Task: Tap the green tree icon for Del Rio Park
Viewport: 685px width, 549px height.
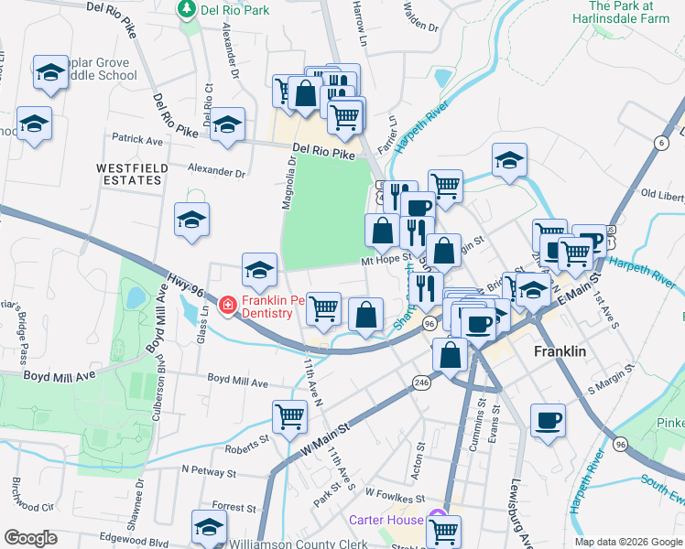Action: [187, 9]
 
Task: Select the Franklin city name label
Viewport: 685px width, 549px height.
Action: [560, 351]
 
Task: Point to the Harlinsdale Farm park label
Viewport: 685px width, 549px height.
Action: [634, 12]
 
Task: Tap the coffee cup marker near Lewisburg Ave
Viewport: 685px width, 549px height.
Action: [548, 421]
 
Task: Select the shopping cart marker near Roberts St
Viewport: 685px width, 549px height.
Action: [289, 417]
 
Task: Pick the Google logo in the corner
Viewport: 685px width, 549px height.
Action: [30, 538]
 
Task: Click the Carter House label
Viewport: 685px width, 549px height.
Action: [386, 520]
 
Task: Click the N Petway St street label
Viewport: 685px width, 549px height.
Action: [209, 473]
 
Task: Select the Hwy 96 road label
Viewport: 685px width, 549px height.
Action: [183, 285]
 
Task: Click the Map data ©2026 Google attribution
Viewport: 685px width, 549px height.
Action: [627, 542]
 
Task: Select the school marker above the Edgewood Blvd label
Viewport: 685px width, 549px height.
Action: [209, 526]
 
